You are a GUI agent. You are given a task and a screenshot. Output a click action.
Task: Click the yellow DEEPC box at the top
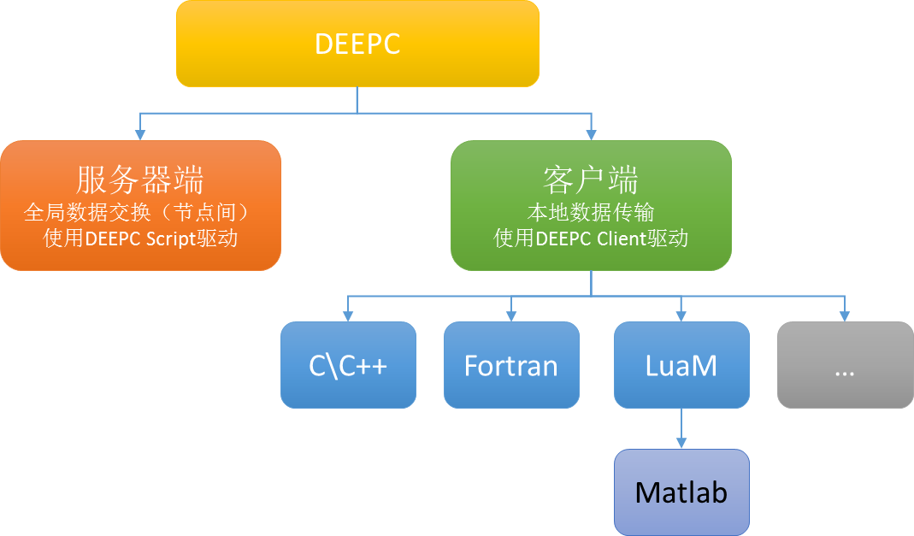point(357,44)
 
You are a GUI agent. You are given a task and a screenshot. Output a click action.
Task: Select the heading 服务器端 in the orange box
point(140,181)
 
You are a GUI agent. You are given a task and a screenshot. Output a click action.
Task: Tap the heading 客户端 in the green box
point(591,181)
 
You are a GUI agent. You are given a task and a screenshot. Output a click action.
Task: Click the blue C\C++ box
point(348,365)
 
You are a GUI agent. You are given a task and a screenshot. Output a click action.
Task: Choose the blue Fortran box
point(511,365)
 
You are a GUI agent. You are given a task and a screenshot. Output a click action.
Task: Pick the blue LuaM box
point(681,365)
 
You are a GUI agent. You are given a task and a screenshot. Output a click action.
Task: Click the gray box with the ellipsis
point(844,365)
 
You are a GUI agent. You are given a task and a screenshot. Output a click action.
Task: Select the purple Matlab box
point(681,492)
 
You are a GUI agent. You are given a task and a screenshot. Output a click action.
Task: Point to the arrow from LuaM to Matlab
point(681,428)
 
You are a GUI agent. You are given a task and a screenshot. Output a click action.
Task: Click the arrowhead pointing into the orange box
point(140,134)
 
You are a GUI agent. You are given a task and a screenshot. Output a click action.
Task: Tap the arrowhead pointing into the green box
point(591,134)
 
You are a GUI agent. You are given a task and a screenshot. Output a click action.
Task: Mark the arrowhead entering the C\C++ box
point(348,315)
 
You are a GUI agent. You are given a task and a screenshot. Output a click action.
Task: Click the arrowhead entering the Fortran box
point(511,315)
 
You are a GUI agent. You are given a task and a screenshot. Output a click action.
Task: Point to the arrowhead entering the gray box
point(844,315)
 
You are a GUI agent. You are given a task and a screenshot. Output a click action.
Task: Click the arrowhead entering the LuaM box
point(681,315)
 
